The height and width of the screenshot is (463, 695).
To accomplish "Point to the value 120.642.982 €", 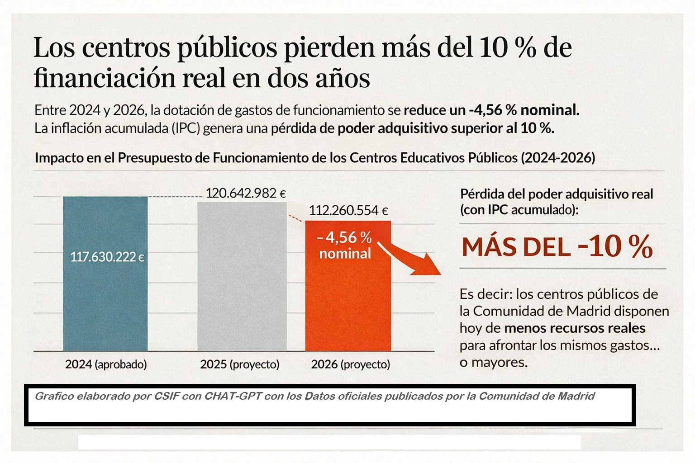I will click(x=246, y=194).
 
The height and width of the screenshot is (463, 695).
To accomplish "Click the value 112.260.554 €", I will click(x=348, y=211).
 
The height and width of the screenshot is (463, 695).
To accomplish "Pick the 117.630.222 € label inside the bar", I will click(x=107, y=257).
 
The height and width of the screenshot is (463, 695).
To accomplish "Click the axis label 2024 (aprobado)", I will click(x=106, y=364).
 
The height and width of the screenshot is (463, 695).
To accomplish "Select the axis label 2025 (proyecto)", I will click(x=240, y=364).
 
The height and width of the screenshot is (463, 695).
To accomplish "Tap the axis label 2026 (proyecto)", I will click(x=351, y=364).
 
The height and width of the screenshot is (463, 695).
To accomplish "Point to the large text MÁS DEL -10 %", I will click(x=557, y=247).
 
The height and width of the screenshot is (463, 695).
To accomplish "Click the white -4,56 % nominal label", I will click(x=345, y=245).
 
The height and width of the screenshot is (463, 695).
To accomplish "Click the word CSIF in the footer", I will click(x=167, y=397).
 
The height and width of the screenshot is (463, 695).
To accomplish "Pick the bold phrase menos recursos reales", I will click(x=575, y=328).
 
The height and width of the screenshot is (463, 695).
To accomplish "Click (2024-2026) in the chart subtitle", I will click(x=558, y=158).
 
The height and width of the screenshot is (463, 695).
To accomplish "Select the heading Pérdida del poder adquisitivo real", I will click(x=557, y=194).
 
